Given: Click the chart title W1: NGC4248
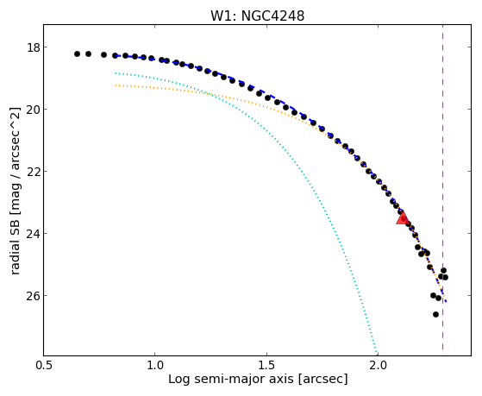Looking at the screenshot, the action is [257, 16].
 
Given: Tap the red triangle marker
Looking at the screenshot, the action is [403, 217].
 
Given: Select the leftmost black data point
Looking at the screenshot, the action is [77, 53].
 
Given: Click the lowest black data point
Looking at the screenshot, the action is [435, 314].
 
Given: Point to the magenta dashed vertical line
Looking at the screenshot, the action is [442, 187].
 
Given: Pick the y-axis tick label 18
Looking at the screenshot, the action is [33, 47].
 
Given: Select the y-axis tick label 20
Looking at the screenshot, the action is [33, 110].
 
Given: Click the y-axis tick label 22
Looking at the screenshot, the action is [33, 172].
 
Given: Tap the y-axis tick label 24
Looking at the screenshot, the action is [33, 234].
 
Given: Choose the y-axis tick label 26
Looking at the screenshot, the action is [33, 296].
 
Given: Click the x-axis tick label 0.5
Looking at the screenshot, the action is [43, 366].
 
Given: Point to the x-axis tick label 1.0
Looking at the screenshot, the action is [155, 366].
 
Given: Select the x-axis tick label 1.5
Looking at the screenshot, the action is [266, 366].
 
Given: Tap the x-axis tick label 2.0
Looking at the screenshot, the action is [379, 366].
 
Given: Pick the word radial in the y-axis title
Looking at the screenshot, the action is [15, 258].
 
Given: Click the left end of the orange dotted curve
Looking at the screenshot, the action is [116, 85].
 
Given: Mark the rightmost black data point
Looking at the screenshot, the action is [445, 277].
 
